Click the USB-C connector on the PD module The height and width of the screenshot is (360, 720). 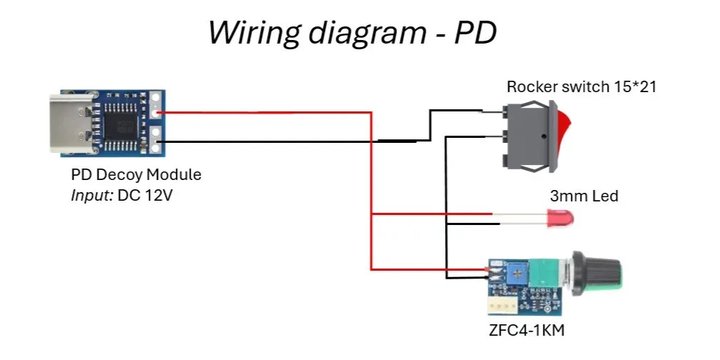(74, 124)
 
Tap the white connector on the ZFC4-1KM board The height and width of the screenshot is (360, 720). (502, 304)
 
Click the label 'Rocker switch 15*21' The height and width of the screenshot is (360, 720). (581, 86)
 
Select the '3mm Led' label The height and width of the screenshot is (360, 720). (584, 196)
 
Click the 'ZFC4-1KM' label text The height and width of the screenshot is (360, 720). (526, 330)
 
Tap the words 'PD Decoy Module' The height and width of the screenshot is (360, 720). (136, 175)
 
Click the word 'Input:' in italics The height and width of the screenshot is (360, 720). (92, 196)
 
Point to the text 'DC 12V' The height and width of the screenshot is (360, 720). (145, 196)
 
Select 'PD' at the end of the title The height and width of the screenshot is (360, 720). (476, 32)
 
